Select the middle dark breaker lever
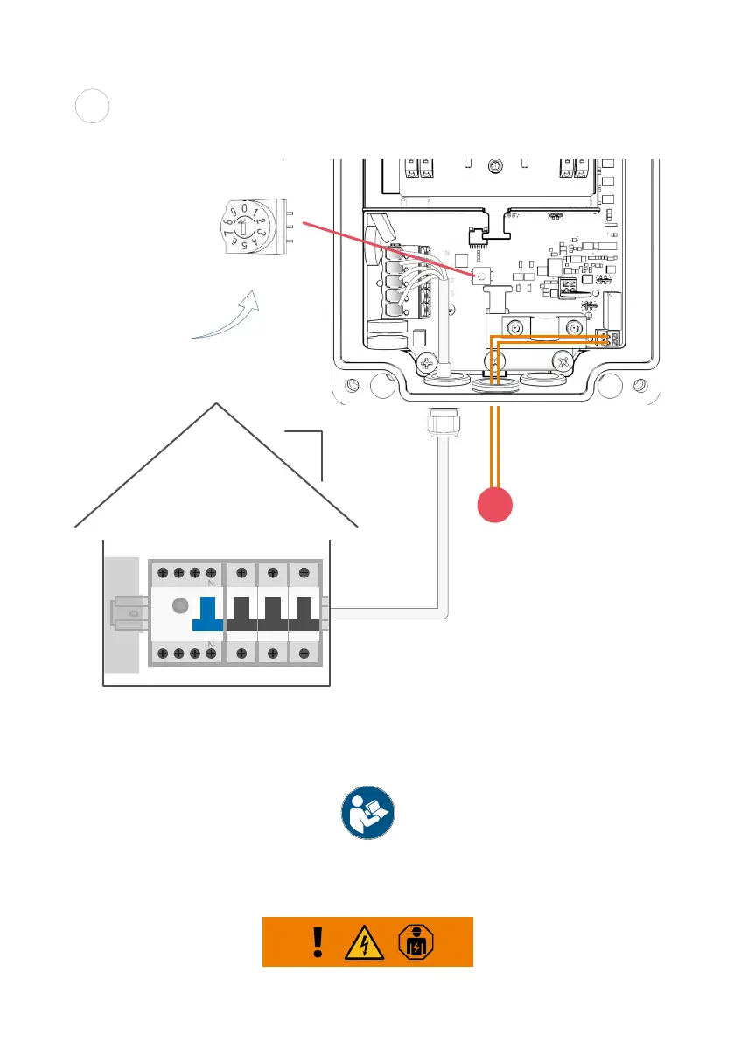pyautogui.click(x=272, y=613)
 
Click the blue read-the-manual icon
pyautogui.click(x=367, y=813)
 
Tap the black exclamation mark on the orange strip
pyautogui.click(x=318, y=942)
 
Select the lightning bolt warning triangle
pyautogui.click(x=366, y=942)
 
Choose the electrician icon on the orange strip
pyautogui.click(x=416, y=942)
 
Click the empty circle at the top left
pyautogui.click(x=91, y=107)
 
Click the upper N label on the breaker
pyautogui.click(x=211, y=581)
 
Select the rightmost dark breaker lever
pyautogui.click(x=303, y=613)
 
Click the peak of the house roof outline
pyautogui.click(x=216, y=405)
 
